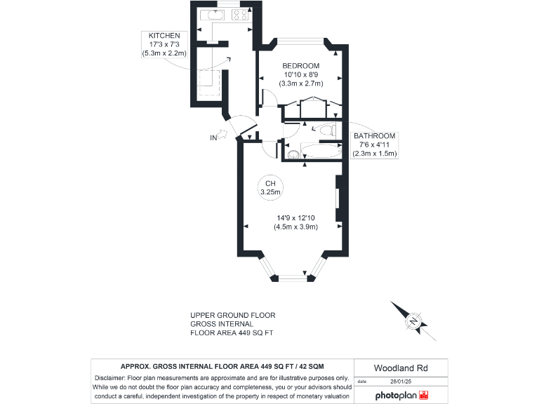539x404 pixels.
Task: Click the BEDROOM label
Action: [300, 66]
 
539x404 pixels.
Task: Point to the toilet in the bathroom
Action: [326, 130]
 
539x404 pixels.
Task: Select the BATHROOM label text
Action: [375, 136]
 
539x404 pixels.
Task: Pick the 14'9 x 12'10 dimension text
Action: [295, 217]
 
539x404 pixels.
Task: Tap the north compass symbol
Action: [413, 322]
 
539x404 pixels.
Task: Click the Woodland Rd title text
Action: [400, 368]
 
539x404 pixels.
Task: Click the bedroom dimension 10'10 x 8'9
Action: [300, 75]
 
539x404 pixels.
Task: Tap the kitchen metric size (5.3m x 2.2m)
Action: [163, 53]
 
